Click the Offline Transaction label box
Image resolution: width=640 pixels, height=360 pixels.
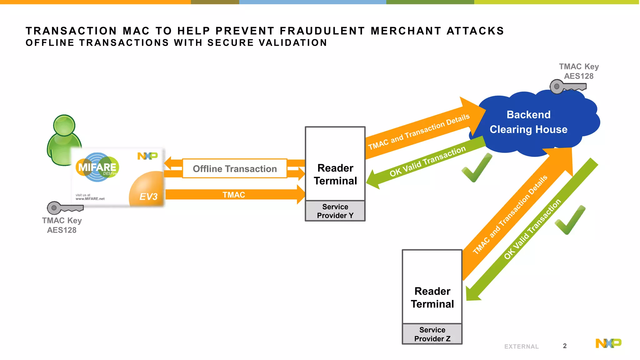pos(235,169)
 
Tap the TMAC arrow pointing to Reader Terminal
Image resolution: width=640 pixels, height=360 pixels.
pos(234,195)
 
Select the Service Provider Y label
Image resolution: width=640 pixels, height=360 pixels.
pos(335,211)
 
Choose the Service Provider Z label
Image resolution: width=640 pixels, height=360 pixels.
pos(432,334)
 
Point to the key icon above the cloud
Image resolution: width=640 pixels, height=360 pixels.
pos(567,87)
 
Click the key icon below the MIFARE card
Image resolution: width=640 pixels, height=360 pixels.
pos(65,207)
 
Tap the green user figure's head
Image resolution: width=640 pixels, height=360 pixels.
pos(64,125)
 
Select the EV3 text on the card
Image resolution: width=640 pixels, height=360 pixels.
pos(148,197)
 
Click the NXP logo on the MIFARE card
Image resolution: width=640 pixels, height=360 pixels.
pos(147,156)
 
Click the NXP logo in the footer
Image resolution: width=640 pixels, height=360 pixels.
pos(608,343)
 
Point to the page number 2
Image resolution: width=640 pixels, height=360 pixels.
pos(565,346)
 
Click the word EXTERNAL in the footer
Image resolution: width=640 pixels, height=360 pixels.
pos(521,347)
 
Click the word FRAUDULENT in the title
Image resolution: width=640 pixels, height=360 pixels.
pos(322,31)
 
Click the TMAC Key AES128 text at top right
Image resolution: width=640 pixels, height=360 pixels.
pos(579,71)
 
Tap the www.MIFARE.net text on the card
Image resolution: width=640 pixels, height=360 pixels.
pos(90,199)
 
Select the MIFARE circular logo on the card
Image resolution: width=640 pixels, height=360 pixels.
pos(97,167)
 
